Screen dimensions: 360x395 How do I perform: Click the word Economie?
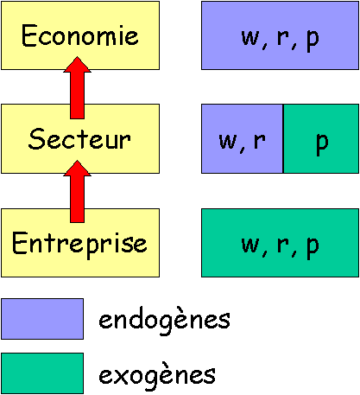coord(80,35)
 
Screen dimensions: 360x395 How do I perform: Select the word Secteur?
coord(79,139)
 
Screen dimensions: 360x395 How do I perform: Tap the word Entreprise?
coord(79,245)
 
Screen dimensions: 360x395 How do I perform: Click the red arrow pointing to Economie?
coord(77,87)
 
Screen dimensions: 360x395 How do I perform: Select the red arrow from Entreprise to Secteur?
coord(77,192)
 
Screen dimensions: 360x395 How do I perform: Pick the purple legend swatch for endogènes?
coord(42,319)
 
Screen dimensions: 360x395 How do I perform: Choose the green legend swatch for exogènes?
coord(42,373)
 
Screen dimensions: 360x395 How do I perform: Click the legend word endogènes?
coord(164,321)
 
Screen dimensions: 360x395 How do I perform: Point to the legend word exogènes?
coord(157,375)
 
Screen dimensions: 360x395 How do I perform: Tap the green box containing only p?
coord(321,138)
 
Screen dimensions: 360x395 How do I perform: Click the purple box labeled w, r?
coord(243,138)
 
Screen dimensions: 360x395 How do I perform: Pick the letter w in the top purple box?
coord(250,38)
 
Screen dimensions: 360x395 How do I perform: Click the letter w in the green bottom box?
coord(250,245)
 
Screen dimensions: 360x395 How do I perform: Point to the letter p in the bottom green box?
coord(313,247)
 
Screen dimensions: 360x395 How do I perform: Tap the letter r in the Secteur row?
coord(260,141)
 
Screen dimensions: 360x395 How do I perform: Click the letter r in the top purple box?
coord(283,38)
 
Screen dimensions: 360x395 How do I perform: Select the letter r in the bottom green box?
coord(283,245)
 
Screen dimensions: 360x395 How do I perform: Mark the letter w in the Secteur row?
coord(228,141)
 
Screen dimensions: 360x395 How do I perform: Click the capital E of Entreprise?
coord(19,243)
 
